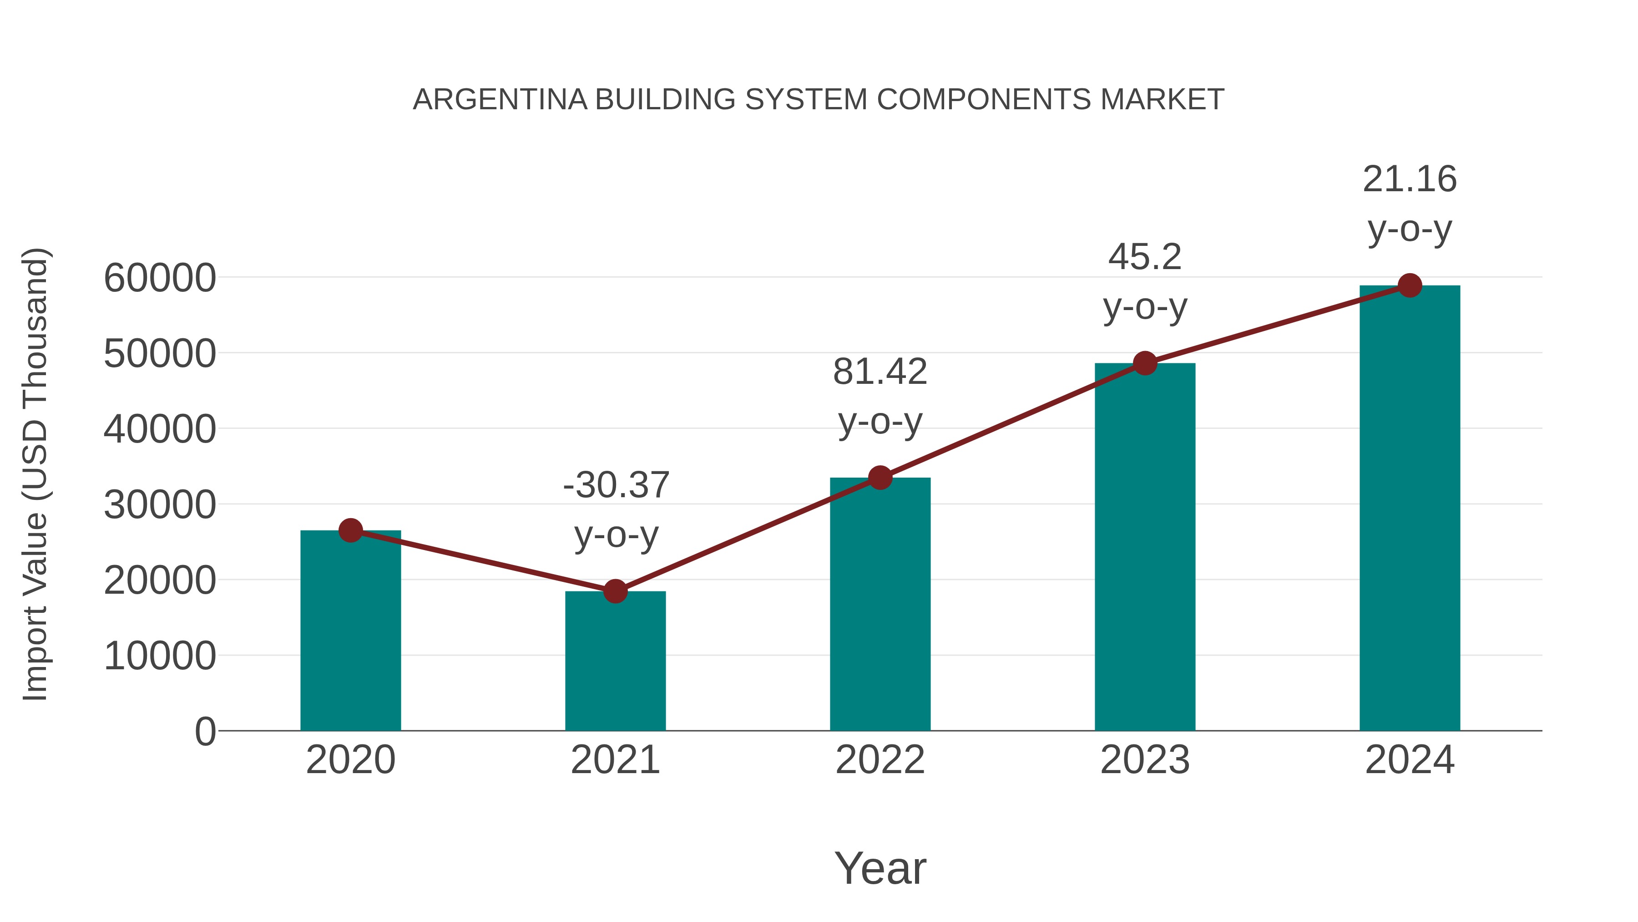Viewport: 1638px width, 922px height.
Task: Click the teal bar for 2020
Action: tap(350, 630)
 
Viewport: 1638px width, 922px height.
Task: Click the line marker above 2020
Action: tap(350, 530)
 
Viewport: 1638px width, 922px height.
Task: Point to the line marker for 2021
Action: tap(615, 591)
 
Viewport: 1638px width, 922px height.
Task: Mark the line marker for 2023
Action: tap(1145, 363)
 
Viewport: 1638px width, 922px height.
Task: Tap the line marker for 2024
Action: tap(1410, 285)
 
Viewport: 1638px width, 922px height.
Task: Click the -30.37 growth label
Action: tap(616, 485)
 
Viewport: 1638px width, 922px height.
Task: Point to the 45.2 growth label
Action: tap(1145, 257)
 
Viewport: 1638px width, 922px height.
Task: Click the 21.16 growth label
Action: tap(1410, 179)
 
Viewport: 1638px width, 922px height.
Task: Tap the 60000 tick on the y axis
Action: tap(160, 278)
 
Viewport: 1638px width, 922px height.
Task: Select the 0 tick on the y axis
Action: tap(205, 731)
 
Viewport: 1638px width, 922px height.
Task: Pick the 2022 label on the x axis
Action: tap(880, 760)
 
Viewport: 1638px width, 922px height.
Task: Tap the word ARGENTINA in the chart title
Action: tap(500, 100)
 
